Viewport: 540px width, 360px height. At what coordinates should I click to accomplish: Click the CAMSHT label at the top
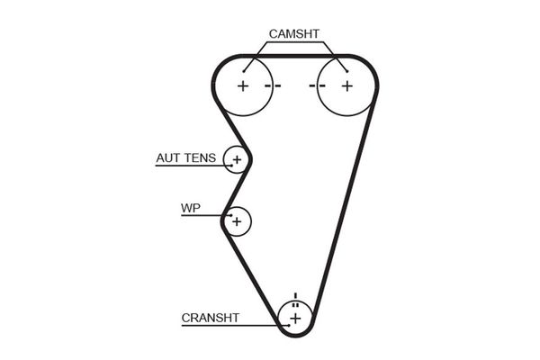(x=293, y=34)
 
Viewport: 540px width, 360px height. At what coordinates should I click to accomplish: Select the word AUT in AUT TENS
(x=168, y=158)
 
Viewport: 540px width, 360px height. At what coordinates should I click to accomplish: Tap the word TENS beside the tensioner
(x=200, y=158)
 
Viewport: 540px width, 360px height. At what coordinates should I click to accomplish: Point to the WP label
(x=190, y=209)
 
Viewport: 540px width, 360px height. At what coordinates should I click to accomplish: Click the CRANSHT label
(x=210, y=317)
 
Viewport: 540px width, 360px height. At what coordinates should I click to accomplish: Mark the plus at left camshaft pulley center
(x=242, y=85)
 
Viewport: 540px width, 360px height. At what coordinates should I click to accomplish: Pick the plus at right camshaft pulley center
(x=346, y=85)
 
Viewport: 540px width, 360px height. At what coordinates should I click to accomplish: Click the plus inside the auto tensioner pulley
(x=237, y=160)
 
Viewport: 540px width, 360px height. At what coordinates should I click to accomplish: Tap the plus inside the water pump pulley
(x=237, y=220)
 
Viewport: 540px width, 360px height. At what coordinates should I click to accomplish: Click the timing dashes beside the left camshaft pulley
(x=273, y=85)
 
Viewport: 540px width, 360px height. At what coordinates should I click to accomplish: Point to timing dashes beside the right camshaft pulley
(x=316, y=85)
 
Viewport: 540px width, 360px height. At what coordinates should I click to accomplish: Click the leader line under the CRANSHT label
(x=229, y=325)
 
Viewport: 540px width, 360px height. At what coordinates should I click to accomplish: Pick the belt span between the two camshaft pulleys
(x=294, y=56)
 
